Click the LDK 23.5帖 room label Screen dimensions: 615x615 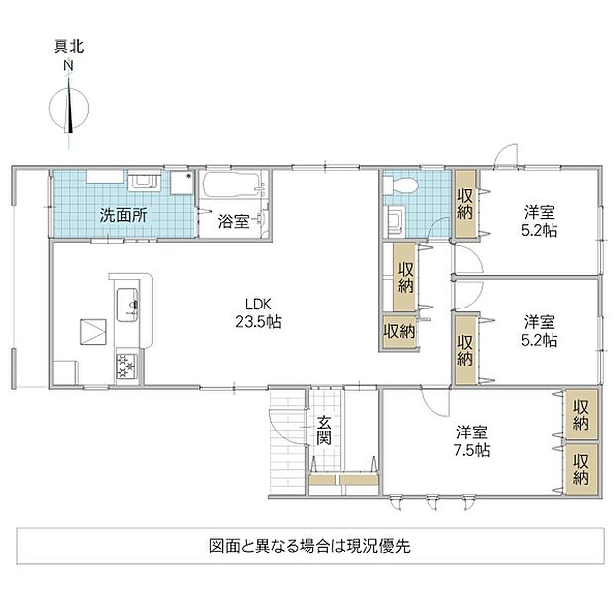[258, 313]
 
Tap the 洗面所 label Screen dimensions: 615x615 [123, 215]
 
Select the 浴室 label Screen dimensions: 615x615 [233, 221]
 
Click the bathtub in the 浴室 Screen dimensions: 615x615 [231, 184]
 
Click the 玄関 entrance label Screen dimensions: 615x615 [324, 430]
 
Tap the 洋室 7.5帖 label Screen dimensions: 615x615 [472, 441]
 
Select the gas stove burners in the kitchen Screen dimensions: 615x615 [127, 366]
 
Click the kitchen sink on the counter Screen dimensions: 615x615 [128, 305]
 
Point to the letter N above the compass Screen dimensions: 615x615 [68, 65]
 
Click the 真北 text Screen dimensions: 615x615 [68, 47]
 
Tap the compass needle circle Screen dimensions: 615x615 [69, 109]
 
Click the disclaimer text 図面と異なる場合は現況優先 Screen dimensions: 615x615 [309, 546]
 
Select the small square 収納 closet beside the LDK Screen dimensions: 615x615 [399, 332]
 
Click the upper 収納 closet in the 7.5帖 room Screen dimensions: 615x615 [581, 415]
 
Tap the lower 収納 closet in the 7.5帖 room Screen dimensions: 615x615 [581, 469]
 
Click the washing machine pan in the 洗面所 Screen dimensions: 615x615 [182, 183]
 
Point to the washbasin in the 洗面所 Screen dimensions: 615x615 [144, 183]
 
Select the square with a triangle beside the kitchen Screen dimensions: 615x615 [93, 332]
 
